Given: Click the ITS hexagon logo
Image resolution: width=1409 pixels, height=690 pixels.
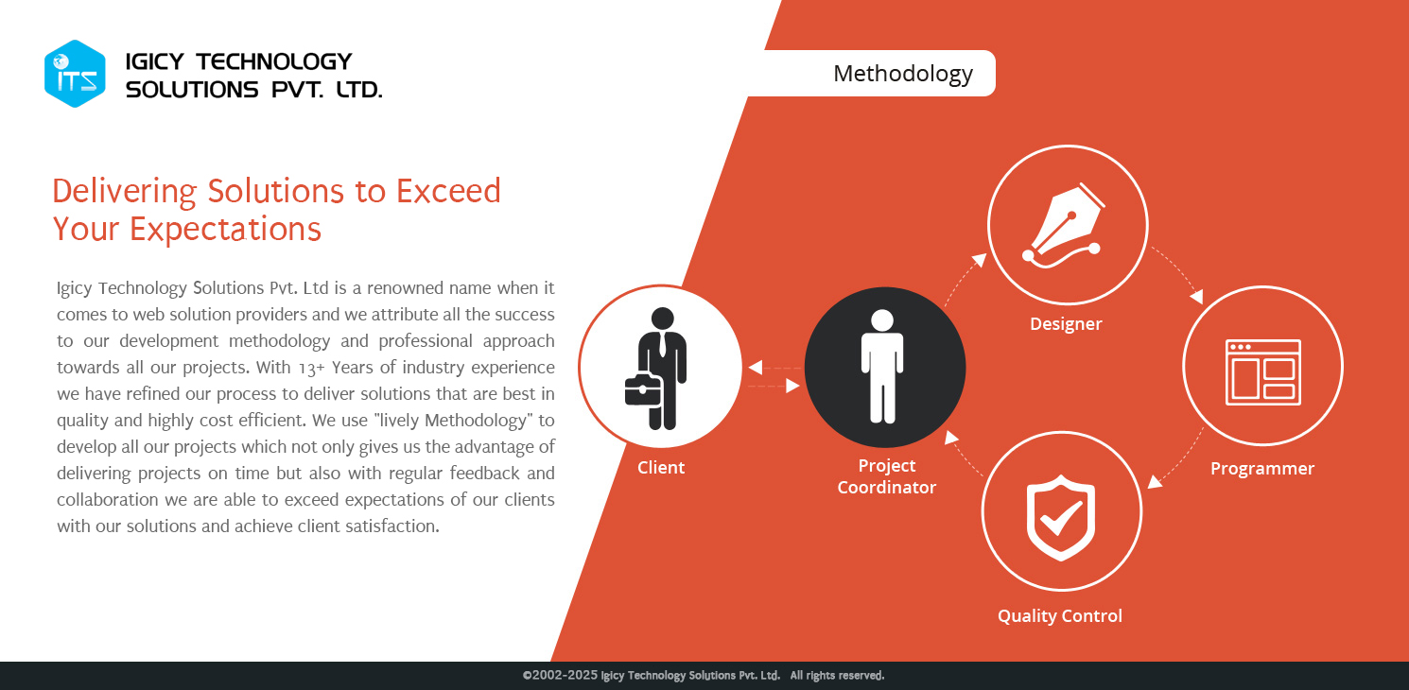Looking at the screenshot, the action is [x=75, y=74].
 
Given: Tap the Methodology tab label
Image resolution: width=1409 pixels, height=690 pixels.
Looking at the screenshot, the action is [x=903, y=75].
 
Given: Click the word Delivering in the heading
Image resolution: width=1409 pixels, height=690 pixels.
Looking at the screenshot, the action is [x=124, y=191].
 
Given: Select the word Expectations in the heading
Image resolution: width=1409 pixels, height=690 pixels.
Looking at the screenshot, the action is [x=225, y=229].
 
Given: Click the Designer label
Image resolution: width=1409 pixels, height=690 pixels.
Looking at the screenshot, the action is [x=1066, y=324].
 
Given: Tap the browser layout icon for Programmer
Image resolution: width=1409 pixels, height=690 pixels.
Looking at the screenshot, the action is [x=1263, y=372].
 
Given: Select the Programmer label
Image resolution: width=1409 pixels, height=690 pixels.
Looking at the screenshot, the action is [x=1261, y=469].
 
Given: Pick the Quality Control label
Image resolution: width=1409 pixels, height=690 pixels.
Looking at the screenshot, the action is [x=1060, y=615].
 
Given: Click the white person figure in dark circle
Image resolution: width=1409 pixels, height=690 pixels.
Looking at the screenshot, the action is [x=882, y=366].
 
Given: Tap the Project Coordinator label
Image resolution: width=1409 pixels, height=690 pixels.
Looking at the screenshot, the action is [x=887, y=476].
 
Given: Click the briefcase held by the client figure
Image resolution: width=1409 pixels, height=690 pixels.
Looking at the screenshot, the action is [x=643, y=390].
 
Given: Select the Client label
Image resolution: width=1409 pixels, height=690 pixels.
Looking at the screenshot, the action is [x=660, y=467].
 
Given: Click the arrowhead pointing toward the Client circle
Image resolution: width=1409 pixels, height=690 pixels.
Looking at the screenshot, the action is [x=756, y=368].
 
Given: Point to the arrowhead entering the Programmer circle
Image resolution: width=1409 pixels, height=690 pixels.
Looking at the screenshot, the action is [x=1196, y=296].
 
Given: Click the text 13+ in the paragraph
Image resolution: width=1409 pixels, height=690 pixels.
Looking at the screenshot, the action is [x=311, y=368].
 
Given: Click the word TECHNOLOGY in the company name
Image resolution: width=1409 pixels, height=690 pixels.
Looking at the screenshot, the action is [x=273, y=61].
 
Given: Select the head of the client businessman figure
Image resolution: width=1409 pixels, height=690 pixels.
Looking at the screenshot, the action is [x=662, y=319].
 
